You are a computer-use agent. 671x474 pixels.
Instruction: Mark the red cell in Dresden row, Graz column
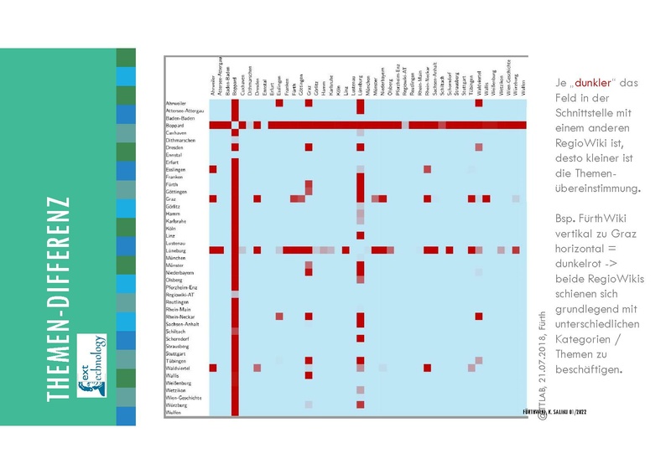point(309,147)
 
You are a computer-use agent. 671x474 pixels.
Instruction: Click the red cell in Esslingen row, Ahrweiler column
point(213,169)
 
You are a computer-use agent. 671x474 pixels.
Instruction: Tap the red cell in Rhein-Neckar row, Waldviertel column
point(478,316)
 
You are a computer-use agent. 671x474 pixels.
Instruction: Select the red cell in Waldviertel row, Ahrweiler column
point(213,368)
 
